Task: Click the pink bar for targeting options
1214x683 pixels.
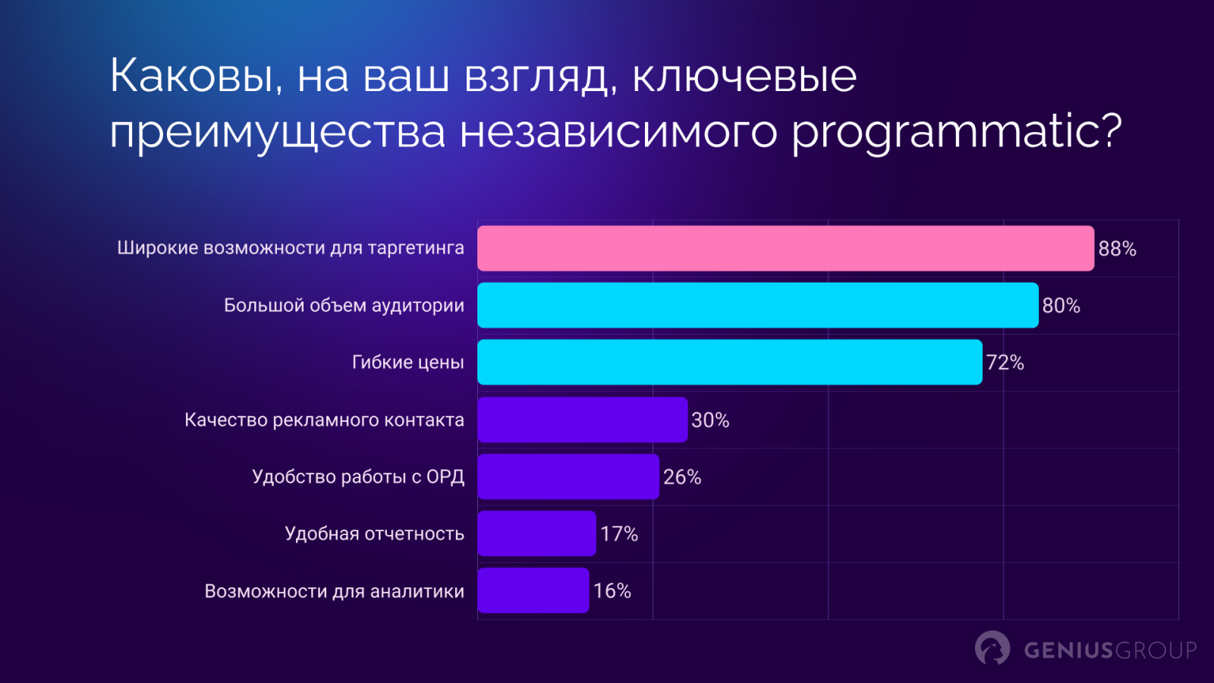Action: pyautogui.click(x=785, y=248)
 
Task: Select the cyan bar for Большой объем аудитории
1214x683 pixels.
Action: pyautogui.click(x=757, y=305)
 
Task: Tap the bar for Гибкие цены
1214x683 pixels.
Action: pyautogui.click(x=729, y=362)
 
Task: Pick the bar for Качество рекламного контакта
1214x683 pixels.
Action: pyautogui.click(x=582, y=420)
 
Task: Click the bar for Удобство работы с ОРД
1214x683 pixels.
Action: pyautogui.click(x=568, y=477)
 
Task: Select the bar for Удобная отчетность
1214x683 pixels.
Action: pyautogui.click(x=536, y=533)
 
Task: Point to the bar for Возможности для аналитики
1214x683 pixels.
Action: pyautogui.click(x=533, y=590)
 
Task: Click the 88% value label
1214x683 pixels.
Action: pyautogui.click(x=1117, y=249)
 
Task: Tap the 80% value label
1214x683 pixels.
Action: pyautogui.click(x=1061, y=306)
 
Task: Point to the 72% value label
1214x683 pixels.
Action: pyautogui.click(x=1005, y=363)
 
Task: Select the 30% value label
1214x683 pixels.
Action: pyautogui.click(x=710, y=420)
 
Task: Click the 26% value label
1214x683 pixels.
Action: pyautogui.click(x=682, y=477)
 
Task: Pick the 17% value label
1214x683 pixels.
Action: pyautogui.click(x=619, y=534)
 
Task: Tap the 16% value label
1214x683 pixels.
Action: pyautogui.click(x=612, y=591)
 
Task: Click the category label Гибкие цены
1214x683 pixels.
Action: pyautogui.click(x=407, y=363)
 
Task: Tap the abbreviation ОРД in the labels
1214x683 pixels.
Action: pyautogui.click(x=445, y=477)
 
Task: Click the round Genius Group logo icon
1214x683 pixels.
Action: pyautogui.click(x=992, y=648)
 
